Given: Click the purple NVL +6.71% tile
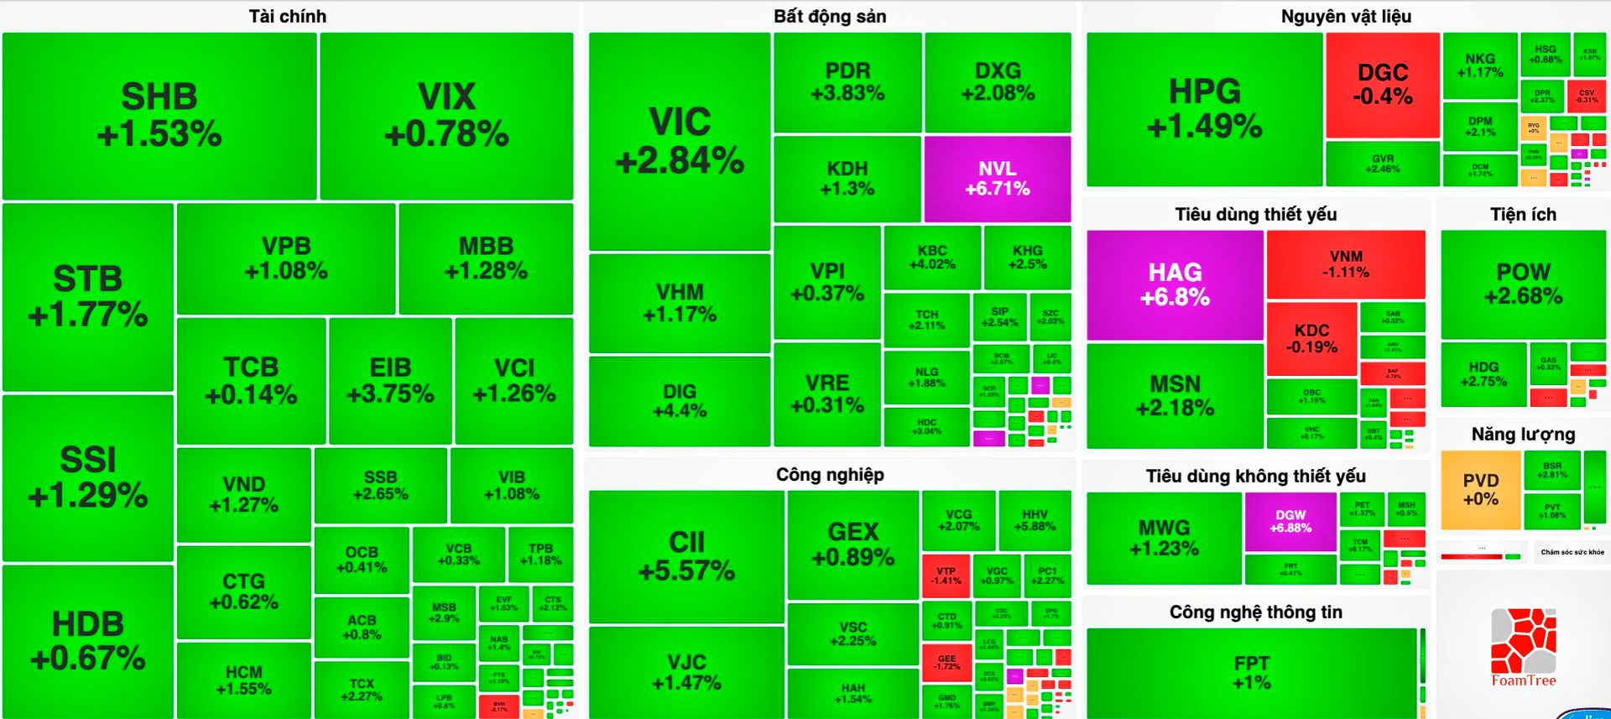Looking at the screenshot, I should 997,179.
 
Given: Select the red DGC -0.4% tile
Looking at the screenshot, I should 1382,85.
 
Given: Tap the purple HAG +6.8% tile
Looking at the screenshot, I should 1175,284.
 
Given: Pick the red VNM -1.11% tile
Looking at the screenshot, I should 1346,263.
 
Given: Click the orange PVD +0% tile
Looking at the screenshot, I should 1480,489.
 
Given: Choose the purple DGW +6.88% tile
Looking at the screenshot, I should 1290,521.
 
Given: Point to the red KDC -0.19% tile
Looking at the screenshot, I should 1311,338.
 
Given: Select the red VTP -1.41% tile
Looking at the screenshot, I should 946,576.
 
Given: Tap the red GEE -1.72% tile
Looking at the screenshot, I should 946,662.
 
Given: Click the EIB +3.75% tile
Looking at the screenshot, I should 390,380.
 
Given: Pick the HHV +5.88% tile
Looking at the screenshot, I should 1035,520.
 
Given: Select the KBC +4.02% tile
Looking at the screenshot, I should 932,257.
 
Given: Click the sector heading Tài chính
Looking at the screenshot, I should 288,16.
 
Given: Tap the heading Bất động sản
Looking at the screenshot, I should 829,16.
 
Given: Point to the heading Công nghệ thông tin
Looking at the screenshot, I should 1255,612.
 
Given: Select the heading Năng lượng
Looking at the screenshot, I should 1523,434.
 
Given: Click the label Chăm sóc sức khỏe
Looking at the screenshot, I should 1572,552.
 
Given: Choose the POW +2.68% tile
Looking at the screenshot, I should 1523,284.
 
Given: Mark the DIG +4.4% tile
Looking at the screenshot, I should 679,401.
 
